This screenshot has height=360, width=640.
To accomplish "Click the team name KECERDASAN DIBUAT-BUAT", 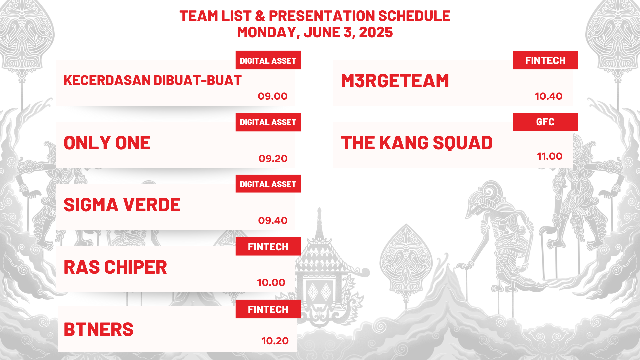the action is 152,80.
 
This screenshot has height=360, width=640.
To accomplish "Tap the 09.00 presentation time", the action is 273,96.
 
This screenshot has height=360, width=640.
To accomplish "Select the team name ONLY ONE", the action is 107,143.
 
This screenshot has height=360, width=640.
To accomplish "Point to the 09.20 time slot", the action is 273,159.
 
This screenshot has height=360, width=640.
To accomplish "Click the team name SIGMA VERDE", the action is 122,205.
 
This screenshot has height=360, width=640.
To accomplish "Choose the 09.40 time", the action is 273,221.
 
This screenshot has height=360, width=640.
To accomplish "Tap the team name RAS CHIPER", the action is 115,267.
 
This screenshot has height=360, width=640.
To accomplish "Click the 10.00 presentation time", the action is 271,283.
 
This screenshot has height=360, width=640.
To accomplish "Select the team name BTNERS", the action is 99,329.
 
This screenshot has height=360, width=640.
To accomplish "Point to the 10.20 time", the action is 275,341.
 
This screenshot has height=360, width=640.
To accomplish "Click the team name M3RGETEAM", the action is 395,81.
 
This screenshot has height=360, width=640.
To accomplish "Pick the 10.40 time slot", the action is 549,96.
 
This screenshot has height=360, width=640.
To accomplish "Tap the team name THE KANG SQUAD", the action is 417,143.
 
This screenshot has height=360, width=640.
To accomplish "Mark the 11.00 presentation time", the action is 550,156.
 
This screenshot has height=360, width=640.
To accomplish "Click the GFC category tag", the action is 545,122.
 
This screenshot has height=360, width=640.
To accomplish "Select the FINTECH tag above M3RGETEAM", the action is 545,60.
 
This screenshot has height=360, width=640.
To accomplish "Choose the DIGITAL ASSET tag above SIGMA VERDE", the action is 268,184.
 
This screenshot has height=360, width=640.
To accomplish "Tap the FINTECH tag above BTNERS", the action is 268,309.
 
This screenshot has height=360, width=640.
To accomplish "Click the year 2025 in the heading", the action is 376,32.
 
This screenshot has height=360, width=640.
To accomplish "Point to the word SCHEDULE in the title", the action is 414,16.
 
